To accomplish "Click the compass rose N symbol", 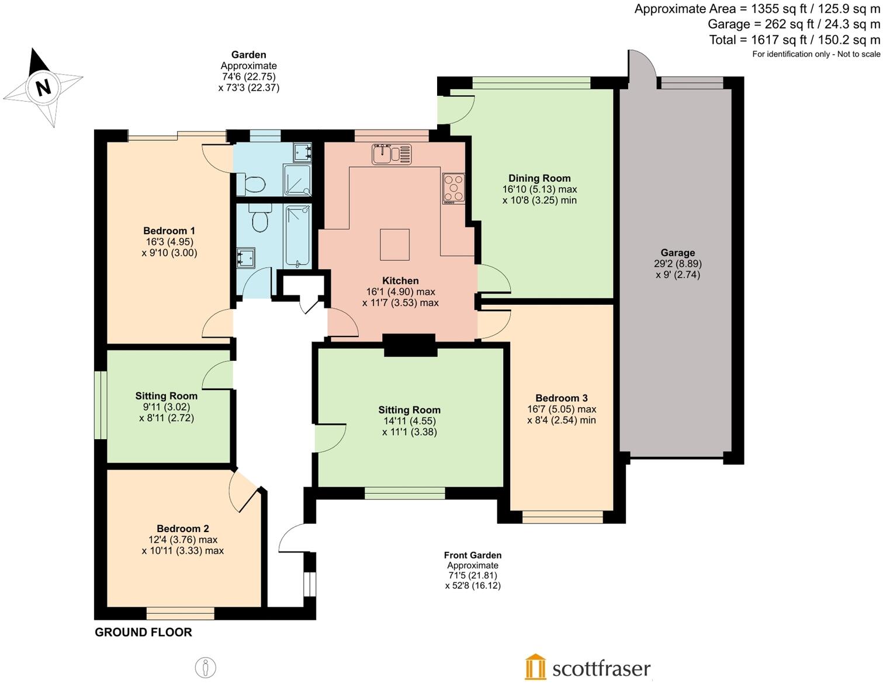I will [43, 87].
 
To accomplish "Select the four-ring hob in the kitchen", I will [453, 188].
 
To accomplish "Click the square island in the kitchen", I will [394, 244].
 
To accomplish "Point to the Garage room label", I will [678, 252].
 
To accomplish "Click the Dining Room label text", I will [539, 178].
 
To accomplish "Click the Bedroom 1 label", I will [169, 231].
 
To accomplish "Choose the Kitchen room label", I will [400, 280].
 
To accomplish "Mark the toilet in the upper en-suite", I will [254, 184].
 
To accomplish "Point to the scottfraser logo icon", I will [535, 667].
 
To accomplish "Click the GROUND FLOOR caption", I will [143, 632].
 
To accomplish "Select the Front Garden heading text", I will [472, 555].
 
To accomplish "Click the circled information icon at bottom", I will [205, 667].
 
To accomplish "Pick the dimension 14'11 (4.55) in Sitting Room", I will [409, 421].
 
